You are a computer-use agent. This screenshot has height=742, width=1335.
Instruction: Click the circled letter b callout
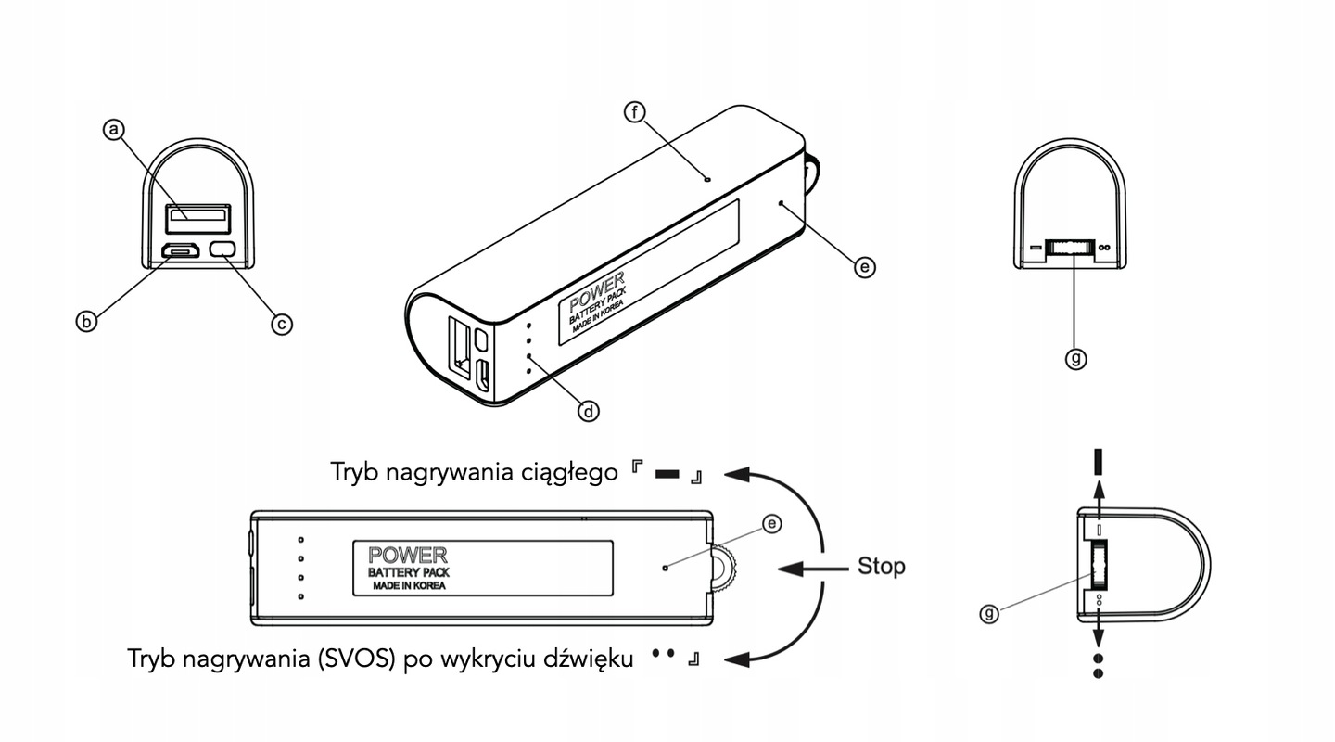pyautogui.click(x=86, y=321)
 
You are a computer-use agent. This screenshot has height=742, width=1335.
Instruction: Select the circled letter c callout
pyautogui.click(x=281, y=323)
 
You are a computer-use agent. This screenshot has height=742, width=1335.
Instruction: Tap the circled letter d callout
pyautogui.click(x=588, y=410)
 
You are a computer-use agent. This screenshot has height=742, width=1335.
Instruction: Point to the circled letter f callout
pyautogui.click(x=635, y=112)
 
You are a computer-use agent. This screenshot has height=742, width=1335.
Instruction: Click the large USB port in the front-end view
pyautogui.click(x=197, y=218)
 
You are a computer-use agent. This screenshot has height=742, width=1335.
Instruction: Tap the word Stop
pyautogui.click(x=881, y=566)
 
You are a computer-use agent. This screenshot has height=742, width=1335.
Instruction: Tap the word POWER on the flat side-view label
pyautogui.click(x=408, y=556)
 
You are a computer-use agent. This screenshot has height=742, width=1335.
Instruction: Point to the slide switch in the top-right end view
pyautogui.click(x=1069, y=248)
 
